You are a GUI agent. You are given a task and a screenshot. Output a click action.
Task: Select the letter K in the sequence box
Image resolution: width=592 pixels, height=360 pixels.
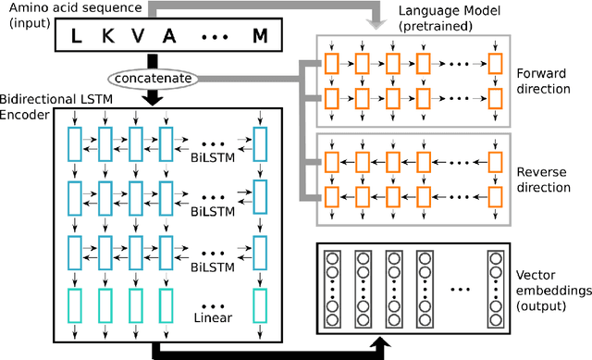click(104, 36)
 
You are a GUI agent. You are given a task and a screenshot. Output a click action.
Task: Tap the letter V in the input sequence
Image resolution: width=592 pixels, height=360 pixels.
click(136, 36)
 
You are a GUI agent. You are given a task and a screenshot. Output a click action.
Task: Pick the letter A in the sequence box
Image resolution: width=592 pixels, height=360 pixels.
click(169, 36)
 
